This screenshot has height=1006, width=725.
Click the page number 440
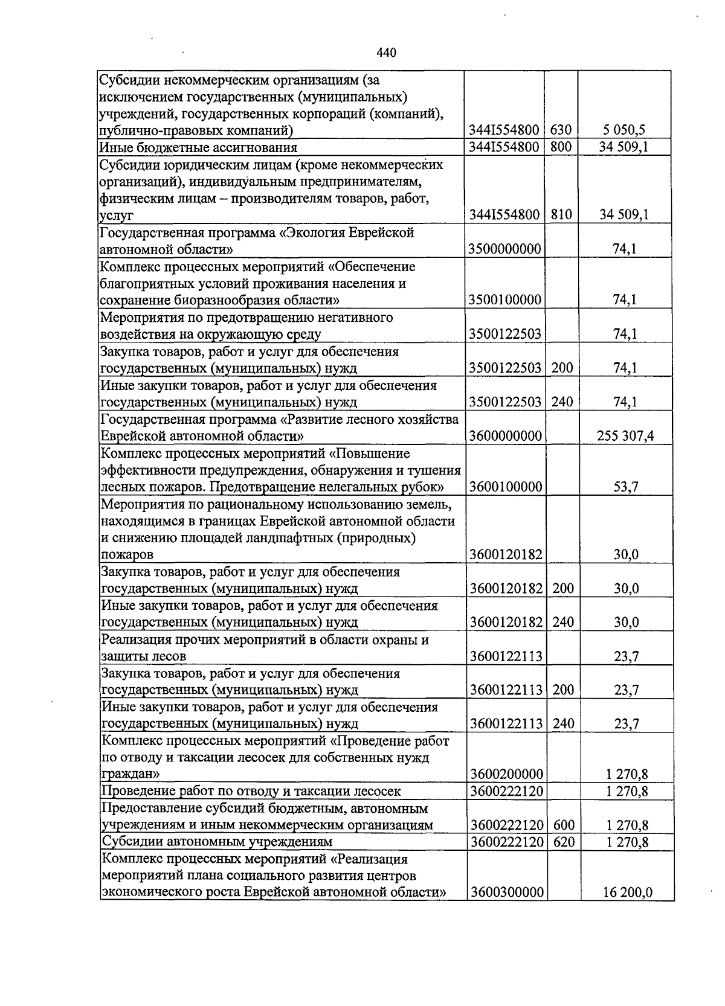(x=386, y=53)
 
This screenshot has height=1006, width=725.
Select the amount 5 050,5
(x=625, y=130)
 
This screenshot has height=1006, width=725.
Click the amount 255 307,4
(x=625, y=435)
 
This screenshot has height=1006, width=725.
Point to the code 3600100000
(x=506, y=487)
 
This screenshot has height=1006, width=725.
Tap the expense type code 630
(x=561, y=130)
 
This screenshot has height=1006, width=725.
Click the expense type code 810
(x=561, y=214)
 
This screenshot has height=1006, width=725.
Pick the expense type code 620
(x=564, y=842)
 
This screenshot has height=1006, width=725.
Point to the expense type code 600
(x=564, y=825)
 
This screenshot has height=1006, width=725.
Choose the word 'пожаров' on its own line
(x=127, y=554)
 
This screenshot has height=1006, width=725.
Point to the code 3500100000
(x=504, y=300)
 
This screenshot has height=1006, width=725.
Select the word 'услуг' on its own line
(x=117, y=215)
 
